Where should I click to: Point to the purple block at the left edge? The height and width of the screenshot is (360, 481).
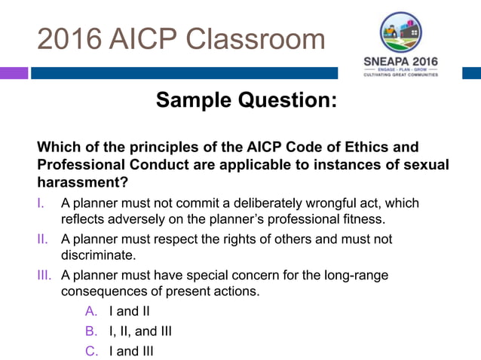pos(14,73)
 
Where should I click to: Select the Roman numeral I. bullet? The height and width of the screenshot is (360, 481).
pos(41,203)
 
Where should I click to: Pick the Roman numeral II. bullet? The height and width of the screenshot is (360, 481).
pos(42,239)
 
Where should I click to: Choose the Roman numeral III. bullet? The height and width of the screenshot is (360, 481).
pos(44,276)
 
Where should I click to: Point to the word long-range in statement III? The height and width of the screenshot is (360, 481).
pos(357,276)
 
